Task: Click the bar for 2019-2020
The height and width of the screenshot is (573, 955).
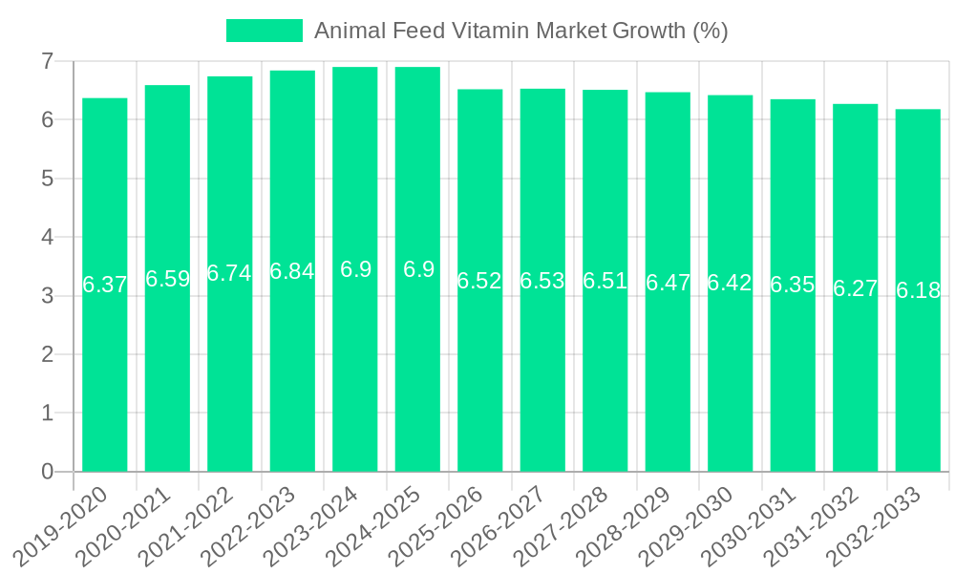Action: (105, 382)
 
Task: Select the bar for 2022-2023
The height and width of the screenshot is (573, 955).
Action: (292, 382)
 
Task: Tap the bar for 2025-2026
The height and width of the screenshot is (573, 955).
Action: (479, 382)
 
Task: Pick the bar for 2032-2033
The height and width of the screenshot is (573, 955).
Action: (918, 382)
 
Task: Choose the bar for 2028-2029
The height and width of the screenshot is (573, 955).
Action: (668, 382)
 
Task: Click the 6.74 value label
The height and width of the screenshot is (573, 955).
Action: (229, 273)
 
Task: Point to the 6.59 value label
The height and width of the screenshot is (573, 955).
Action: (167, 279)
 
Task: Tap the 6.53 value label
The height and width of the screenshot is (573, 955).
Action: (542, 281)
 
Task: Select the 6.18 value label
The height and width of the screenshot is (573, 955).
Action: (918, 291)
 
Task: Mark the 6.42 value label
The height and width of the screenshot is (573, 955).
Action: (730, 284)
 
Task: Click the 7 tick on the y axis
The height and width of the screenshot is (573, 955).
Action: (46, 62)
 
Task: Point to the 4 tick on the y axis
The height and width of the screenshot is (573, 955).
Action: (46, 238)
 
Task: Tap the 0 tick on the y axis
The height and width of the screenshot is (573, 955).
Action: (46, 472)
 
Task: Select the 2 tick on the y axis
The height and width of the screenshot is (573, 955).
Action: (46, 354)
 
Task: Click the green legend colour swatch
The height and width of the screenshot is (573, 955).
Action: (265, 31)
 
